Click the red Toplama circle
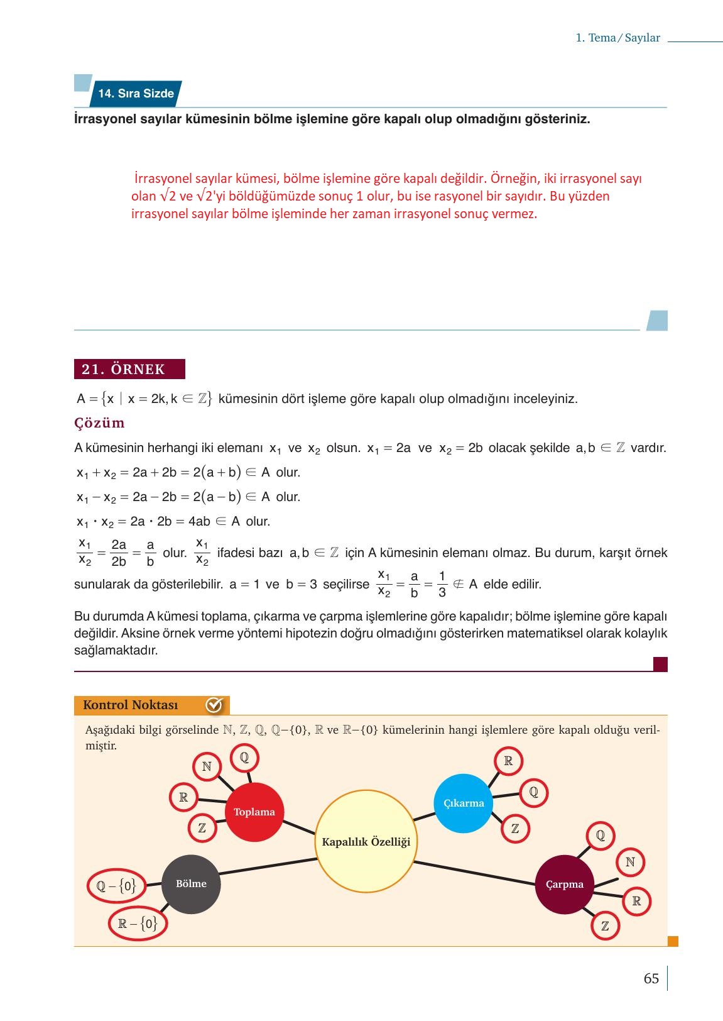(x=254, y=812)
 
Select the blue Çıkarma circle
(x=464, y=803)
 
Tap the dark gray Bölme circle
(x=191, y=884)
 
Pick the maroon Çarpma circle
(x=564, y=884)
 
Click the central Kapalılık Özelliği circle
(x=366, y=842)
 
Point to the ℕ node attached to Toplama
(x=207, y=766)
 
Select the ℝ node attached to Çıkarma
(x=508, y=761)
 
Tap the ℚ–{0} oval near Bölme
(x=116, y=886)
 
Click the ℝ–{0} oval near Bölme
(x=138, y=924)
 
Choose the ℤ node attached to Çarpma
(x=605, y=926)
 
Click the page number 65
(x=651, y=979)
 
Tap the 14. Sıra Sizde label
(x=136, y=94)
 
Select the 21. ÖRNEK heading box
(x=129, y=369)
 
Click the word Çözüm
(x=99, y=422)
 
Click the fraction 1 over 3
(x=442, y=584)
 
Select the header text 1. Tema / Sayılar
(x=617, y=38)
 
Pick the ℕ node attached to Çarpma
(x=630, y=862)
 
